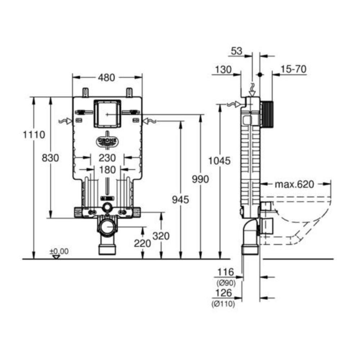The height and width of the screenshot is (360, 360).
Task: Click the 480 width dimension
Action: [x=107, y=78]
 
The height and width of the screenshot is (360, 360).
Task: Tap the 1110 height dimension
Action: [x=34, y=135]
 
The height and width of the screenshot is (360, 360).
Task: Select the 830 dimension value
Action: [x=50, y=158]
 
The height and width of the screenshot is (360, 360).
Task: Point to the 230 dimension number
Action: [x=107, y=158]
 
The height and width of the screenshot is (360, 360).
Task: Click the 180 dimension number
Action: [x=107, y=170]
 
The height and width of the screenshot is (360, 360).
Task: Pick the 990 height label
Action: [x=201, y=179]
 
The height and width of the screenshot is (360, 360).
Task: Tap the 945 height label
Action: [x=181, y=200]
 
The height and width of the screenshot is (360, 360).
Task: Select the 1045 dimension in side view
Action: [x=219, y=161]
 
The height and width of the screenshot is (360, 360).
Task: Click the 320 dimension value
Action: [x=161, y=236]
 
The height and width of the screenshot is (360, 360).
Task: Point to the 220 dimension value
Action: [x=142, y=243]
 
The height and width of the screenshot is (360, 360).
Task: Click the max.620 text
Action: [x=294, y=184]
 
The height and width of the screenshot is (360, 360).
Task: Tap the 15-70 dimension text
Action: [x=294, y=69]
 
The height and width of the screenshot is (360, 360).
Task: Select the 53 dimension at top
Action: [x=237, y=51]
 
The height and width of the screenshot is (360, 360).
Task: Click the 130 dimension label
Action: [x=224, y=69]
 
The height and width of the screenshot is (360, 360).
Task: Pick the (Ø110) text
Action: [x=223, y=304]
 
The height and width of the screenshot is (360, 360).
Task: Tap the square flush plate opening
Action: [x=107, y=114]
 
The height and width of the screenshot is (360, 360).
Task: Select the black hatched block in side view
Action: [x=267, y=114]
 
